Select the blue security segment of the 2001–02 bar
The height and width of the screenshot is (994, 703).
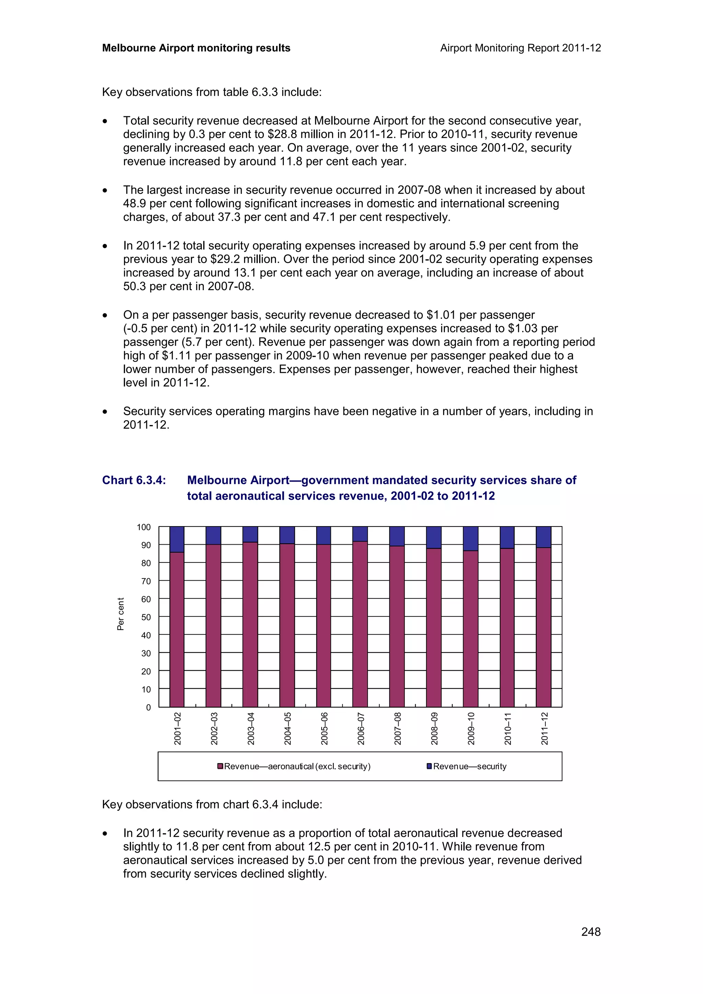click(177, 540)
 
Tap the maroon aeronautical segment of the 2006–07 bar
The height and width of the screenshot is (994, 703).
click(360, 624)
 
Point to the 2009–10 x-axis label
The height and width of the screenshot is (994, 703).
click(471, 728)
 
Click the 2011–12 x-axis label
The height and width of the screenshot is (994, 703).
click(544, 728)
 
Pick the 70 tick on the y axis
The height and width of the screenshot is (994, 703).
click(146, 581)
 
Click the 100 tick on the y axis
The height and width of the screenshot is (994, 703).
click(144, 527)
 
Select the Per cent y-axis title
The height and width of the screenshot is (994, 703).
click(121, 614)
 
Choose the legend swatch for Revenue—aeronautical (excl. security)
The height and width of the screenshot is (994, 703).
click(220, 766)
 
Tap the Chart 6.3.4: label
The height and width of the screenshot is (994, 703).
click(134, 480)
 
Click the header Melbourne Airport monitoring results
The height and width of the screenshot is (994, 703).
click(196, 48)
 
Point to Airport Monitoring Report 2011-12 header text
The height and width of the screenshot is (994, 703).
click(520, 48)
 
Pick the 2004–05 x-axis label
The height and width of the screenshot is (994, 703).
click(288, 728)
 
